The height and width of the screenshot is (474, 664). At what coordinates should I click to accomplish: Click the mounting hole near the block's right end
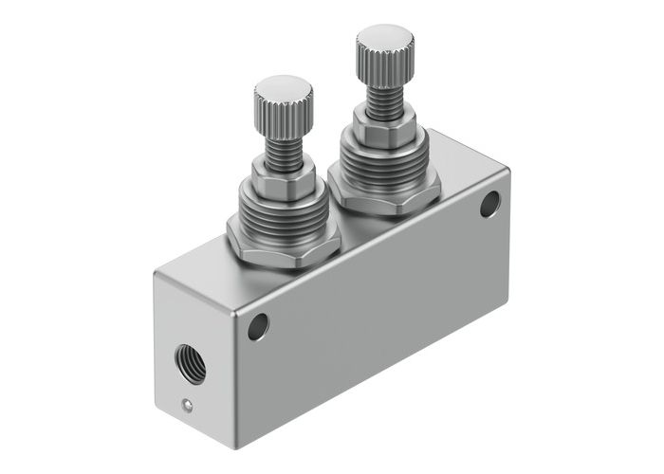(x=489, y=203)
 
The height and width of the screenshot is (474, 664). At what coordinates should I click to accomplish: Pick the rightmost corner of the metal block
(x=510, y=171)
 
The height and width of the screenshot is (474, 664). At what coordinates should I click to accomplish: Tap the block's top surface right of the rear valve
(x=455, y=161)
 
